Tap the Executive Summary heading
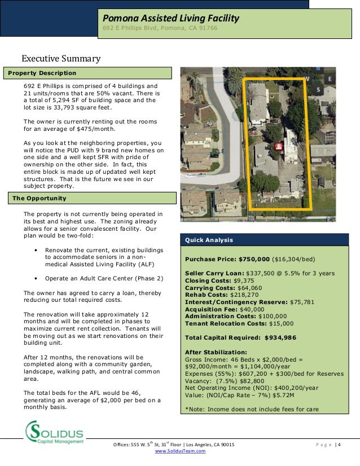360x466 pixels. tap(61, 59)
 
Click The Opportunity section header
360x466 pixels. tap(39, 199)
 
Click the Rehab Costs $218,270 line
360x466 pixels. tap(221, 294)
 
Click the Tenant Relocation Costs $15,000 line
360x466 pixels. tap(239, 324)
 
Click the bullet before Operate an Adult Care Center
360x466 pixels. tap(36, 278)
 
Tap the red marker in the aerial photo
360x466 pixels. tap(278, 148)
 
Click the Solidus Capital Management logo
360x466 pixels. tap(54, 433)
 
